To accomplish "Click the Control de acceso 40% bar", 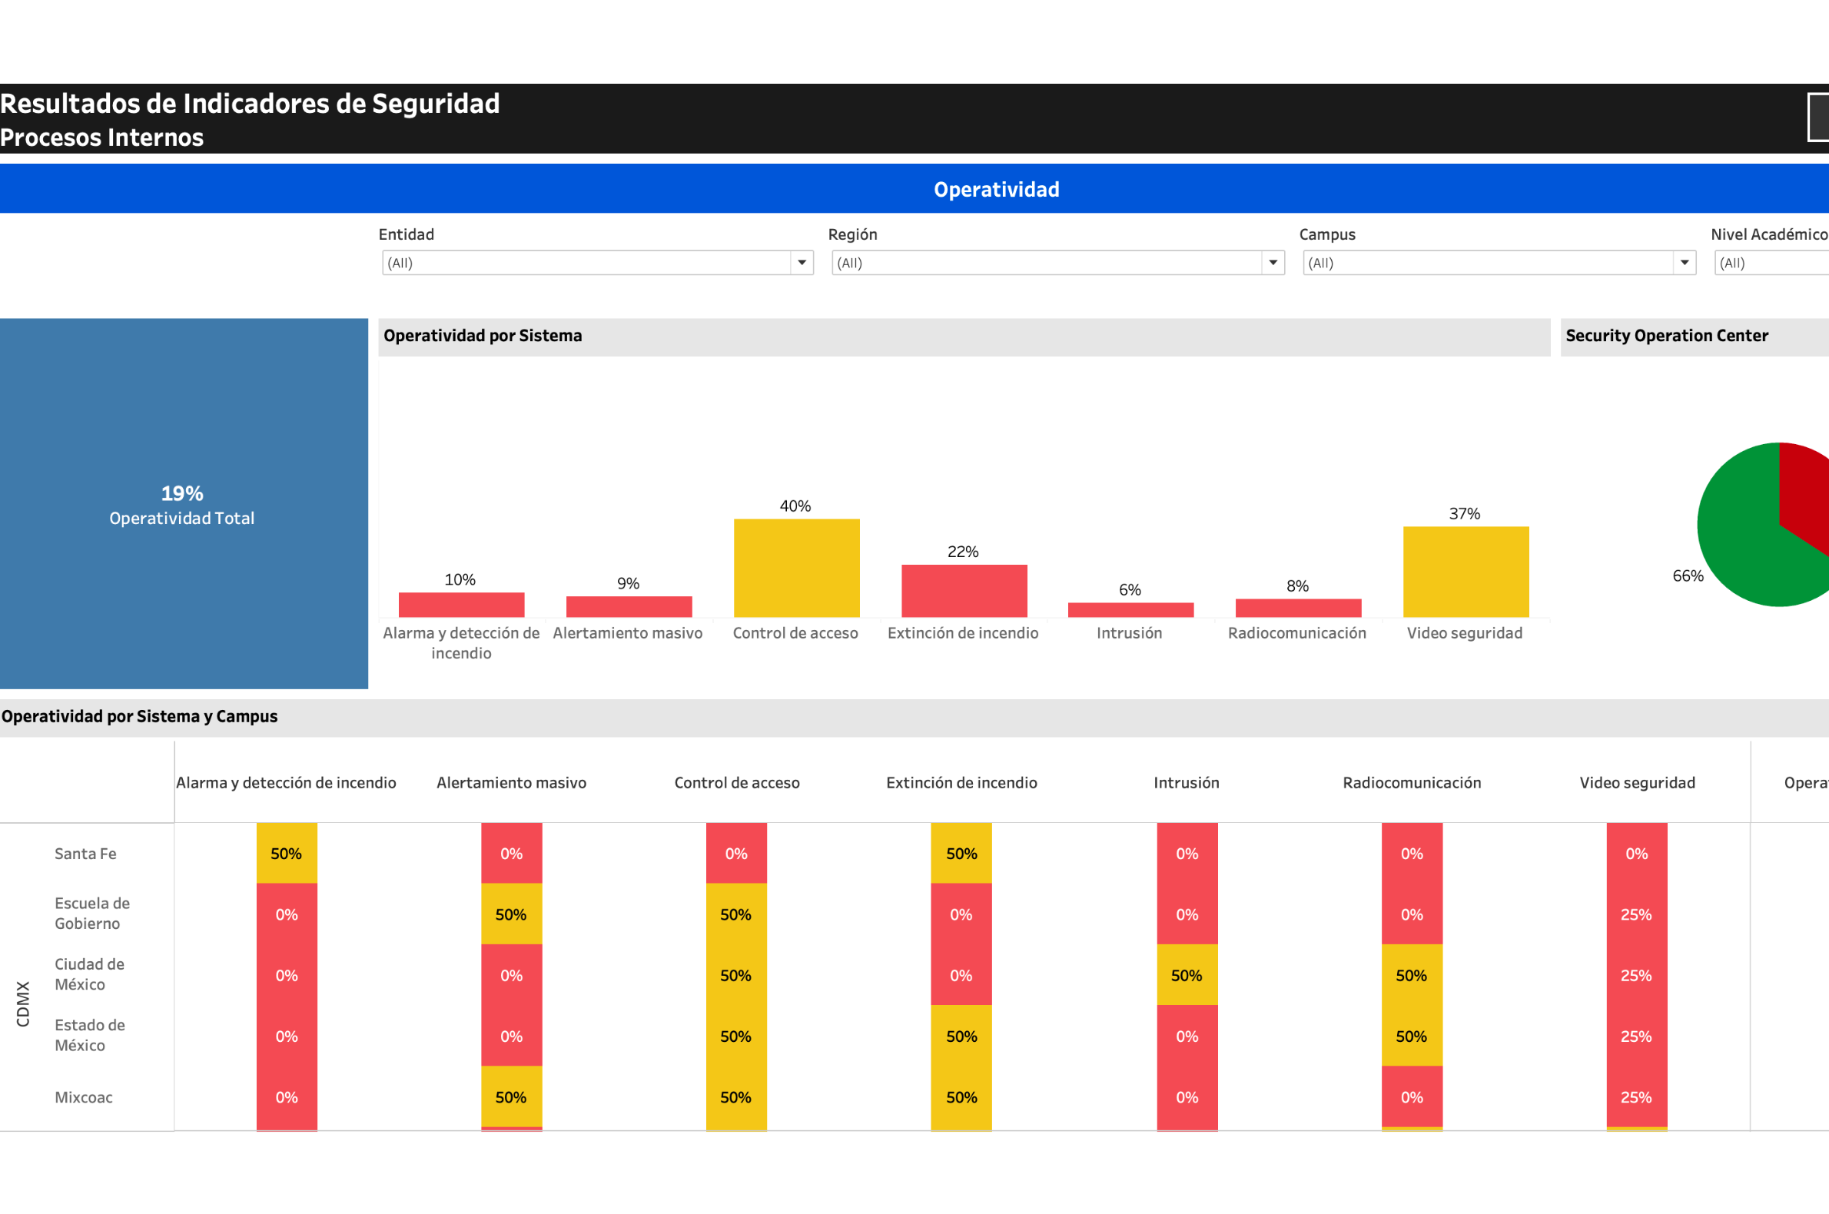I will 796,568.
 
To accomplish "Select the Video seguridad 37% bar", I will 1465,572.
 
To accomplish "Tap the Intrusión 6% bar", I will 1130,609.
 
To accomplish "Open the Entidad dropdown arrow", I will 802,263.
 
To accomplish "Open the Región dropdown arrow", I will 1273,263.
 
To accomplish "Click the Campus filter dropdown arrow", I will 1684,263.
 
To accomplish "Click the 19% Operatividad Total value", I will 182,493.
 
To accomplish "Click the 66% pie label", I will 1688,576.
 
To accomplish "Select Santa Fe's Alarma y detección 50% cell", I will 287,853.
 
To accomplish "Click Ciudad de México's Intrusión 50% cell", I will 1187,975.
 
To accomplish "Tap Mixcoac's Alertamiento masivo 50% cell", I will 511,1096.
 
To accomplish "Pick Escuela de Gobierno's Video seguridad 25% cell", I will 1635,914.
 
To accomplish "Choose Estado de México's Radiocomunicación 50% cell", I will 1411,1036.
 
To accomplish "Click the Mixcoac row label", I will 84,1097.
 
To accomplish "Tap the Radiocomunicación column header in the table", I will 1411,783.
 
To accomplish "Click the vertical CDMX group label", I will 23,1003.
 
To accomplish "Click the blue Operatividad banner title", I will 996,190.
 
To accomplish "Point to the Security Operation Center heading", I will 1666,336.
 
